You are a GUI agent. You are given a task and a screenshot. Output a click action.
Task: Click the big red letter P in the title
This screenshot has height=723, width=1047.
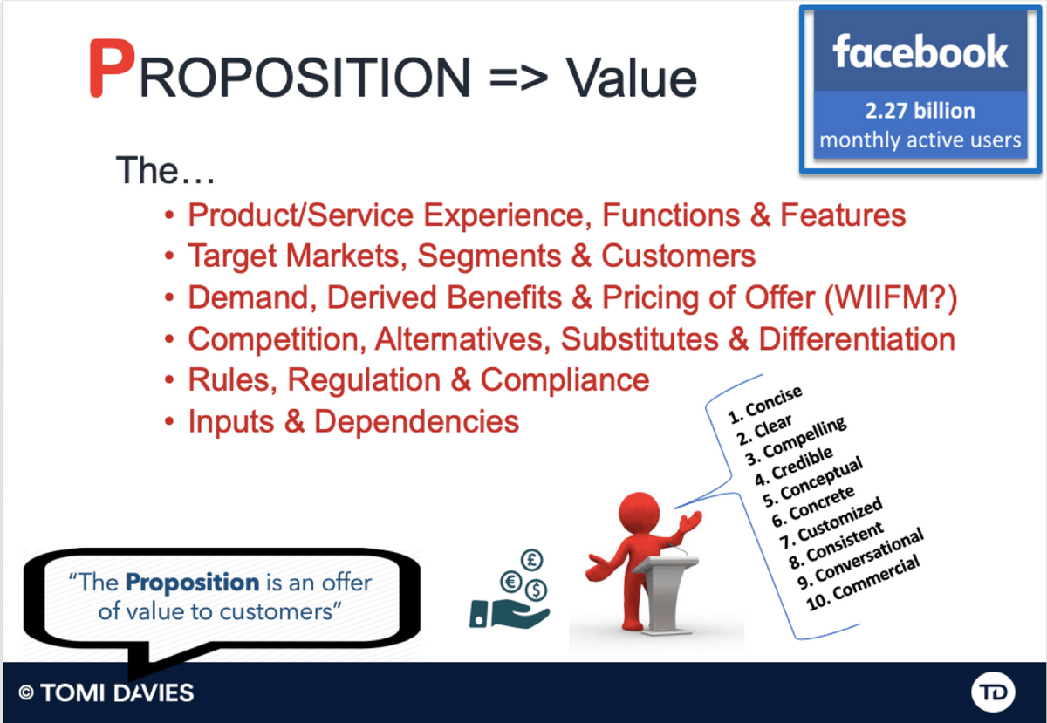[x=113, y=68]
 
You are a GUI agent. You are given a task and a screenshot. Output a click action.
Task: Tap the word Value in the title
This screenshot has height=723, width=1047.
[x=632, y=78]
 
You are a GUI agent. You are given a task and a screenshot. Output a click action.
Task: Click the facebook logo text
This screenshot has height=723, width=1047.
[x=920, y=51]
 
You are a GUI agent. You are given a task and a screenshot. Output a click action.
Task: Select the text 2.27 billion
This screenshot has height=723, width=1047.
[x=920, y=111]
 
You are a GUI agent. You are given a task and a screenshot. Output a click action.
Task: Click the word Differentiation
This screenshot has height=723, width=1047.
[x=857, y=339]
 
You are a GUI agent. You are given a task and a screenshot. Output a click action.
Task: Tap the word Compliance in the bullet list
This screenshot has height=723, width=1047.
[x=565, y=380]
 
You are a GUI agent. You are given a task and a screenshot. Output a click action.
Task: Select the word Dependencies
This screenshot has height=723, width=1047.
[x=416, y=421]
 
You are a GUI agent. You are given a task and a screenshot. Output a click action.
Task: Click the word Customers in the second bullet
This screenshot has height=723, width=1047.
[x=678, y=256]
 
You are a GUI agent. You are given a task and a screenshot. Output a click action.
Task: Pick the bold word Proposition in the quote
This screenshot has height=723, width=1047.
[x=193, y=583]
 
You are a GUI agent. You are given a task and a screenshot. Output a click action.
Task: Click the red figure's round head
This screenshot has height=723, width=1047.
[x=639, y=513]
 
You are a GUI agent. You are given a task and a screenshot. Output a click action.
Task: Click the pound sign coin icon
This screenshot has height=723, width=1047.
[x=531, y=559]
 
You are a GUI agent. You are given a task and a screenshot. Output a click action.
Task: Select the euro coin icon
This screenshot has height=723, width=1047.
[x=511, y=582]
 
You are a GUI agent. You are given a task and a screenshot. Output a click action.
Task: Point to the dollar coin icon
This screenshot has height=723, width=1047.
[x=536, y=590]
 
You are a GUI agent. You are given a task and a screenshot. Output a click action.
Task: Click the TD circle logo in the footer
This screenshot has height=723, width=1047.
[x=993, y=692]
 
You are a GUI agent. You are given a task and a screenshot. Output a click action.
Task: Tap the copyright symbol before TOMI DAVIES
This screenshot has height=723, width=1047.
[x=26, y=692]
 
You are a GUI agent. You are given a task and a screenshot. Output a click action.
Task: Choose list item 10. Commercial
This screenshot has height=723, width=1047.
[x=863, y=583]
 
